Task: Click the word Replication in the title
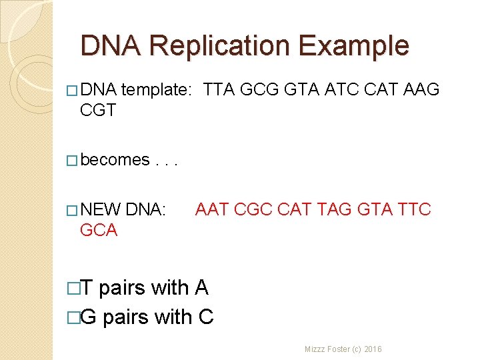point(220,47)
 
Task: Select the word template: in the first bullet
point(158,89)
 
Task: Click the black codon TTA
point(219,89)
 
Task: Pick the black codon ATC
point(341,89)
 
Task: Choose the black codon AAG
point(421,89)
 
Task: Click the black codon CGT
point(98,110)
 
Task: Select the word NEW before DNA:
point(100,210)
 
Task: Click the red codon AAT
point(212,210)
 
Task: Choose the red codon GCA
point(99,231)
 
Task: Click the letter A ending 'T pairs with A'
point(201,288)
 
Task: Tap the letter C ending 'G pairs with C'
point(206,317)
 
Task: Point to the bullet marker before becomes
point(72,161)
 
